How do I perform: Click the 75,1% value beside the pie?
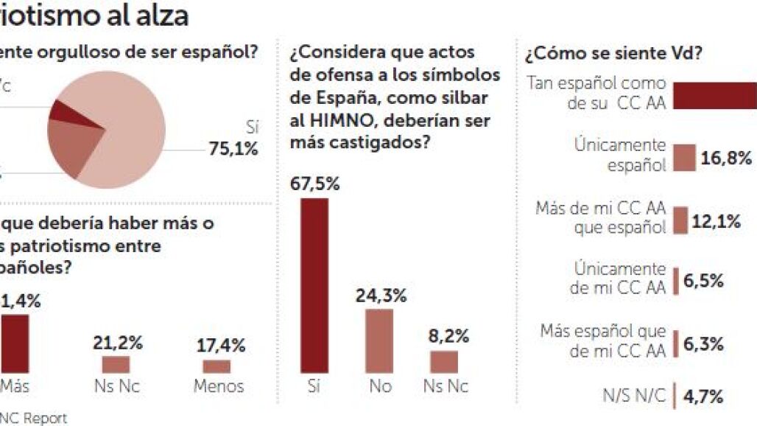click(233, 149)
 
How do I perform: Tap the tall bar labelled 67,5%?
click(314, 285)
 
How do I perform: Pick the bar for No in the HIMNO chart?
click(379, 341)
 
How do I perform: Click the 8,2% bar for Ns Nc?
click(444, 361)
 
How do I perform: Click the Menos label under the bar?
click(218, 385)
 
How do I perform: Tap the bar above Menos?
click(216, 366)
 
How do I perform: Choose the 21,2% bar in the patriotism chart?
click(116, 364)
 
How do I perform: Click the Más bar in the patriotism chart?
click(15, 343)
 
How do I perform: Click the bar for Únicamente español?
click(685, 157)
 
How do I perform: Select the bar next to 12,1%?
click(680, 220)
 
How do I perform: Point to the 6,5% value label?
click(704, 280)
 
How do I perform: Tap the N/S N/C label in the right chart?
click(634, 396)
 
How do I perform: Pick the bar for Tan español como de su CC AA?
click(715, 95)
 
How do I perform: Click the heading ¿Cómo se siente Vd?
click(613, 55)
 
